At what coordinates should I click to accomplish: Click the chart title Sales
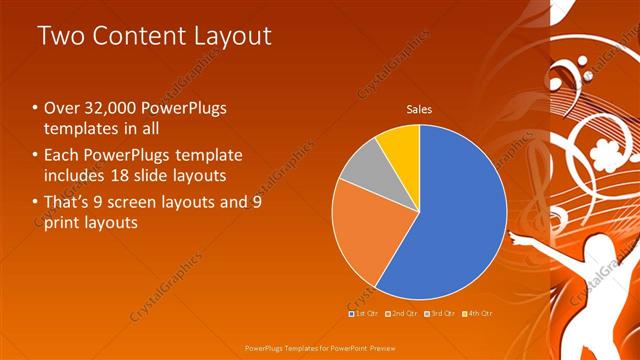(x=419, y=110)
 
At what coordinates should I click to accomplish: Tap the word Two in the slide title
(x=61, y=37)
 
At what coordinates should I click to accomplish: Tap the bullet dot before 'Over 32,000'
(x=35, y=108)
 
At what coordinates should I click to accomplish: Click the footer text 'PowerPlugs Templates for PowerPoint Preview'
(x=320, y=350)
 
